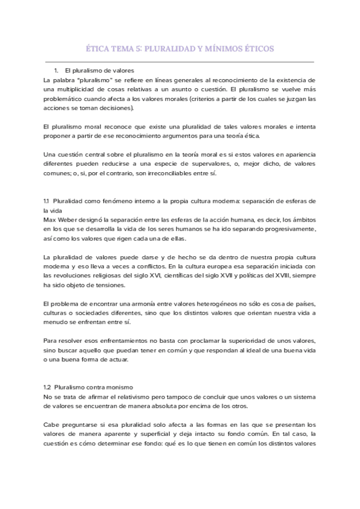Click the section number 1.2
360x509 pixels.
point(49,388)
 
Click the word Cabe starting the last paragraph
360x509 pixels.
point(52,425)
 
